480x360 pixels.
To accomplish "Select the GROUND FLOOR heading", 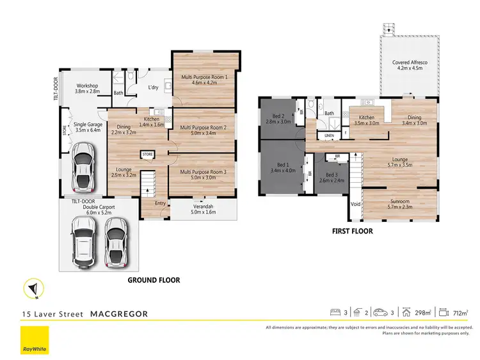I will click(x=154, y=280).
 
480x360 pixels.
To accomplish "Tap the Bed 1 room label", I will click(x=282, y=168).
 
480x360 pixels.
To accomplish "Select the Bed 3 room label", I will click(x=331, y=178).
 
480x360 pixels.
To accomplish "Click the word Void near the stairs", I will click(x=355, y=205).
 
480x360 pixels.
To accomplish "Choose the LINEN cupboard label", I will click(x=330, y=136).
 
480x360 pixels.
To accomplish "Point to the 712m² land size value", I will click(x=460, y=313).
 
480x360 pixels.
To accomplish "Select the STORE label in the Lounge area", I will click(x=148, y=154).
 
